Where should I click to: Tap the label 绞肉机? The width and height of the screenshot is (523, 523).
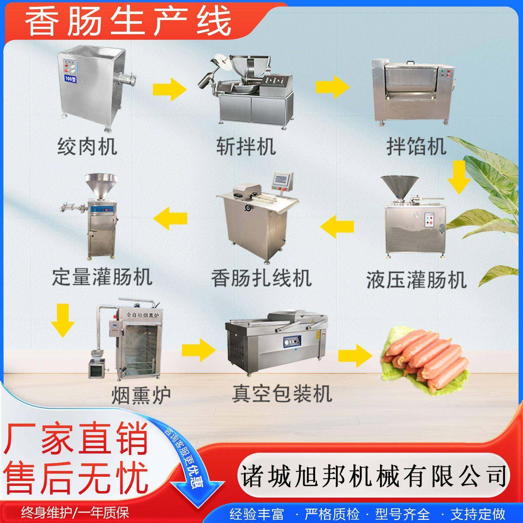87,147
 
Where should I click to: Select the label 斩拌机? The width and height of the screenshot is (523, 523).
246,147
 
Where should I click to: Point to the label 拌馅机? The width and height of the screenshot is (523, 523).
416,147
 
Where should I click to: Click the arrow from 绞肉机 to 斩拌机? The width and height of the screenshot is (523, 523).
170,89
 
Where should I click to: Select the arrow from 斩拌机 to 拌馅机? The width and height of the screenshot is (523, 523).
332,87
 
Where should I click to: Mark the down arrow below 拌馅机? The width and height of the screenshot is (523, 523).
460,177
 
